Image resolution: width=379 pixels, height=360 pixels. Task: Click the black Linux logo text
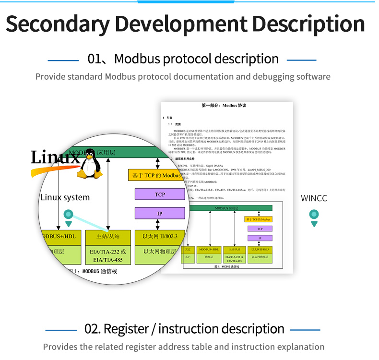click(x=54, y=157)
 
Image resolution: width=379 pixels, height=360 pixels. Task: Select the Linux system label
click(x=65, y=197)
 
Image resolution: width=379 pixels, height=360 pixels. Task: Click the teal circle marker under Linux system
click(x=69, y=215)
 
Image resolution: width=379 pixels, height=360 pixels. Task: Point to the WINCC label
click(x=314, y=198)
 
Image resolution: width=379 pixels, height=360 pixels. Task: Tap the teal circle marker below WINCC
click(x=314, y=215)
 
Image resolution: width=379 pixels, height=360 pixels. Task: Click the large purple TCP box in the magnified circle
click(x=160, y=194)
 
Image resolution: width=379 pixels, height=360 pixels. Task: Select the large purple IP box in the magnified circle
click(x=160, y=213)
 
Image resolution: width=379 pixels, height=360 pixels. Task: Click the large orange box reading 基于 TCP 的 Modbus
click(x=157, y=175)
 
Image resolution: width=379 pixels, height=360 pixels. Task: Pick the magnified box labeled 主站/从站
click(x=108, y=236)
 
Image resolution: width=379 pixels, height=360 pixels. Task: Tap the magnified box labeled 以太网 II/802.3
click(x=160, y=236)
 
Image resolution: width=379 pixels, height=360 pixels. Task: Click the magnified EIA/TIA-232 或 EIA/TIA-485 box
click(x=108, y=256)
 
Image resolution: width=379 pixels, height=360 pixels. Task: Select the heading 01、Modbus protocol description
click(x=183, y=59)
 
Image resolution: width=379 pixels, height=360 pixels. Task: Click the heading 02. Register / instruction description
click(x=184, y=329)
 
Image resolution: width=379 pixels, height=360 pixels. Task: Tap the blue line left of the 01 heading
click(x=63, y=60)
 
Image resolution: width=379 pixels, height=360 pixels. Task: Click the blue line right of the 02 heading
click(x=305, y=330)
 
